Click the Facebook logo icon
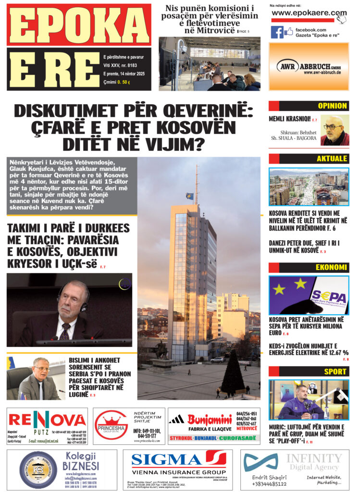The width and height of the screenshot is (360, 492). pyautogui.click(x=277, y=32)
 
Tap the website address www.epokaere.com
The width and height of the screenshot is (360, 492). pyautogui.click(x=309, y=13)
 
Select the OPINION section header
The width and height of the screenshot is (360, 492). pyautogui.click(x=332, y=106)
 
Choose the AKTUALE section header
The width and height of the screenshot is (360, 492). pyautogui.click(x=332, y=159)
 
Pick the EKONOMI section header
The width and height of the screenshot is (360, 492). pyautogui.click(x=332, y=267)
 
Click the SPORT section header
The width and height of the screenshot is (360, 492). pyautogui.click(x=335, y=371)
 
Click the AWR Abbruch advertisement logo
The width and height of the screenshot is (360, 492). pyautogui.click(x=309, y=66)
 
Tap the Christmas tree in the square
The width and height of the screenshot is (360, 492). pyautogui.click(x=232, y=379)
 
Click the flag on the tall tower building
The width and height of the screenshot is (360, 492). pyautogui.click(x=190, y=196)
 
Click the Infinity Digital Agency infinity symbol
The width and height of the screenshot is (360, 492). pyautogui.click(x=260, y=462)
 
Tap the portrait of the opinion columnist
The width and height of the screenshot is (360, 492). pyautogui.click(x=335, y=130)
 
